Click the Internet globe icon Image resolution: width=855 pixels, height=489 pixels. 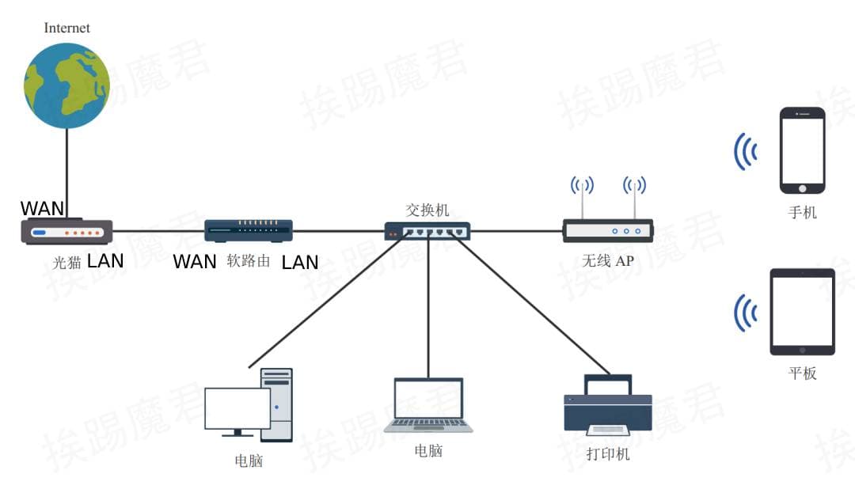coord(66,85)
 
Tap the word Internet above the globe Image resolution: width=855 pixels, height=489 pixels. coord(66,28)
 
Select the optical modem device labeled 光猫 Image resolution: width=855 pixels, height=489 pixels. coord(66,232)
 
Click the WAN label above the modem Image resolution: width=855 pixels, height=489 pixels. coord(43,208)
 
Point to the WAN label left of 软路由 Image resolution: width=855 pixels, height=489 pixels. coord(195,261)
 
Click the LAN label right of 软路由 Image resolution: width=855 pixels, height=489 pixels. coord(300,262)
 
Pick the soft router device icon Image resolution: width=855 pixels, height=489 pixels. coord(249,230)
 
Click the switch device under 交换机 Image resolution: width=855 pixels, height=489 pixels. coord(427,231)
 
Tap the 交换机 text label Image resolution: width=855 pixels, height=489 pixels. coord(427,210)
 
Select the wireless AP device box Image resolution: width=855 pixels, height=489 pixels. coord(608,230)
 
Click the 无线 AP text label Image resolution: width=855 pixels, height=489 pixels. coord(608,260)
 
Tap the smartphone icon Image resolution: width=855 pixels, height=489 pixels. coord(802,150)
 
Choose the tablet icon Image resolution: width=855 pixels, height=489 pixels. coord(802,312)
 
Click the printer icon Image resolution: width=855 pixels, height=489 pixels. coord(607,406)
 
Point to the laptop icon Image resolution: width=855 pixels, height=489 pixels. coord(428,404)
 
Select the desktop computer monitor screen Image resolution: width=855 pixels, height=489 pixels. coord(237,408)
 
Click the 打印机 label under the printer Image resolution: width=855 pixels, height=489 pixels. coord(608,454)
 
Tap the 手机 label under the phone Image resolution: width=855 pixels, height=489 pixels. coord(802,212)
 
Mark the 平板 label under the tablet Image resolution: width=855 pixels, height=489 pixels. coord(802,373)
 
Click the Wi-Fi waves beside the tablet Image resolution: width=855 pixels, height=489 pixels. coord(744,313)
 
